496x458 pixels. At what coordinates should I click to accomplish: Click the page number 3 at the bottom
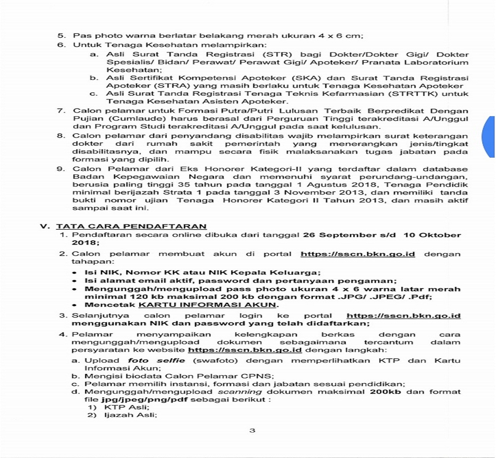coord(252,431)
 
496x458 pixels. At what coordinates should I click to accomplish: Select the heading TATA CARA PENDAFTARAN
coord(131,226)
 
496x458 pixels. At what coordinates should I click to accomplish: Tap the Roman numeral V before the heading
coord(45,226)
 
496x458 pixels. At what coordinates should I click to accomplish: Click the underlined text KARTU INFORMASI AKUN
coord(207,305)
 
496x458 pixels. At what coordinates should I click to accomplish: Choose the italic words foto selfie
coord(156,361)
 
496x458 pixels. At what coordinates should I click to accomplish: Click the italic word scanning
coord(240,392)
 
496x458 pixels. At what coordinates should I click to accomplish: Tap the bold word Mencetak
coord(110,305)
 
